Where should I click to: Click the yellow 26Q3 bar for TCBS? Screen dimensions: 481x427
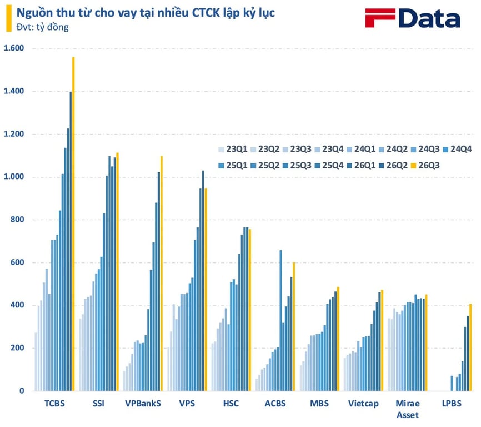click(x=73, y=224)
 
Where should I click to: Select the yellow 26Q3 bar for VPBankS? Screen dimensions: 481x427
click(x=162, y=273)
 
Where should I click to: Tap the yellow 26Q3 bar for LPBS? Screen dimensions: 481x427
click(x=470, y=347)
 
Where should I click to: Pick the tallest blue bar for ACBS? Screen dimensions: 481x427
click(x=280, y=320)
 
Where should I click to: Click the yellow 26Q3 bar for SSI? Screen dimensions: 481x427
click(x=118, y=272)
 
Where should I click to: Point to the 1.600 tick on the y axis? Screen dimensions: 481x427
click(x=14, y=48)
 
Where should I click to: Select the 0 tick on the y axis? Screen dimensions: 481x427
click(x=22, y=391)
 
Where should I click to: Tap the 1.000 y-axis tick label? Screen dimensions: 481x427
click(x=14, y=176)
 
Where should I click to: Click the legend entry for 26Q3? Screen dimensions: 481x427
click(x=425, y=166)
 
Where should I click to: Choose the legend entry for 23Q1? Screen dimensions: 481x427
click(x=233, y=149)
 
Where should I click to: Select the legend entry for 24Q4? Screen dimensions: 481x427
click(x=457, y=149)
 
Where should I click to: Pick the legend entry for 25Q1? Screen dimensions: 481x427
click(x=233, y=166)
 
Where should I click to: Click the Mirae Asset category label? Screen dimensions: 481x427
click(x=408, y=409)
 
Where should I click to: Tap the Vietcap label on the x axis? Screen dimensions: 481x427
click(x=363, y=403)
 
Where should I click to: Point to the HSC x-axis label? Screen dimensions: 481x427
click(x=231, y=403)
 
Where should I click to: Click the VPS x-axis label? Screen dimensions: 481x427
click(x=187, y=403)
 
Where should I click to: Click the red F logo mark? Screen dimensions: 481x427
click(x=379, y=18)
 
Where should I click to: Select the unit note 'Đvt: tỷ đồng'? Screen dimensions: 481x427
click(x=42, y=27)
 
